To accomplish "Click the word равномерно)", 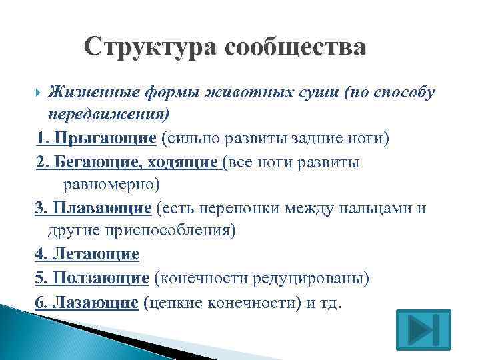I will click(111, 184).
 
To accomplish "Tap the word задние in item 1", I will click(319, 138).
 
